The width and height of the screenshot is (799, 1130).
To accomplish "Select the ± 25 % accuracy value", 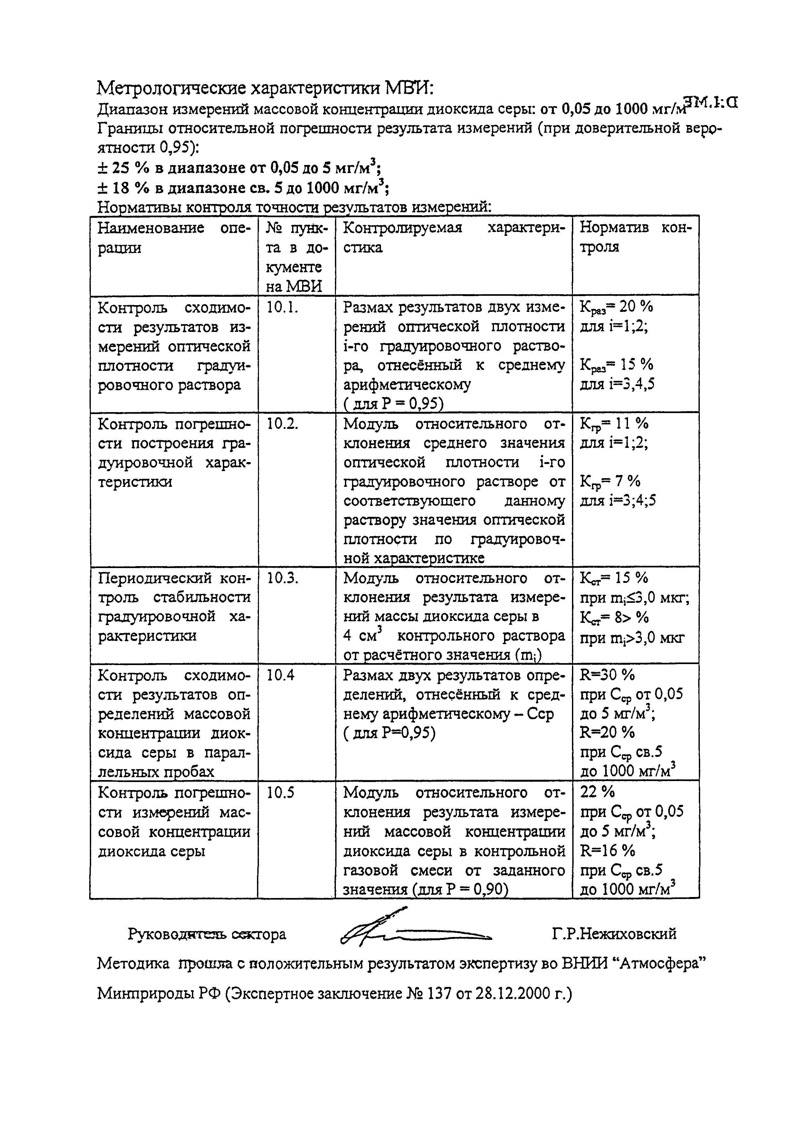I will (x=123, y=168).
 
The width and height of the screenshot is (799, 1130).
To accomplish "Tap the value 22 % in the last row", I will (x=598, y=792).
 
